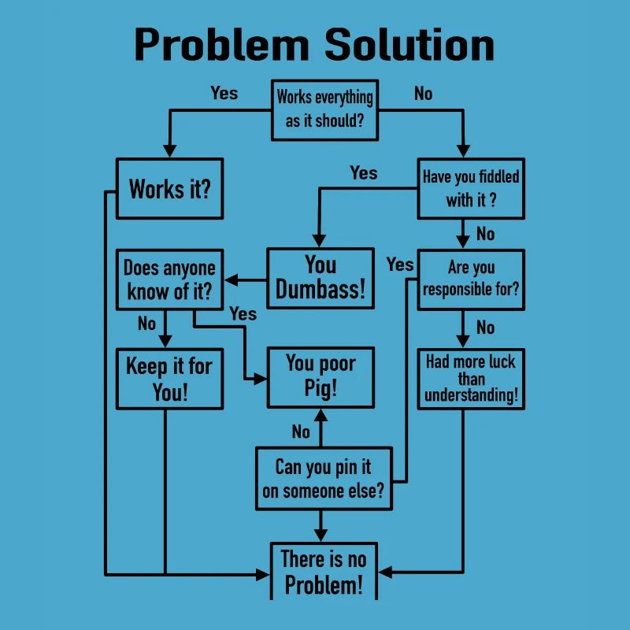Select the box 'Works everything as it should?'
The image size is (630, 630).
tap(324, 110)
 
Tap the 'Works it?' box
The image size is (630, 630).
tap(169, 189)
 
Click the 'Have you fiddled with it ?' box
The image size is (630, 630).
tap(471, 188)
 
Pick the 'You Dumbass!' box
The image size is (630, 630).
tap(321, 278)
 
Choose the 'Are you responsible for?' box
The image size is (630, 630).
tap(471, 280)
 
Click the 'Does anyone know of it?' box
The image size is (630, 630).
tap(169, 280)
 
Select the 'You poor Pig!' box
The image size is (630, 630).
tap(321, 376)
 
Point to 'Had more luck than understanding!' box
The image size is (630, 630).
tap(471, 379)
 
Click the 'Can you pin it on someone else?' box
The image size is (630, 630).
tap(323, 478)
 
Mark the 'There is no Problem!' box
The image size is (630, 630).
tap(324, 572)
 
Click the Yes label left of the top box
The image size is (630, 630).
tap(224, 93)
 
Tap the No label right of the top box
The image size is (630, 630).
tap(423, 94)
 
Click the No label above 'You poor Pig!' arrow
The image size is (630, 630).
tap(301, 432)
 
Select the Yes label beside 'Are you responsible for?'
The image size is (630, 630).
tap(400, 265)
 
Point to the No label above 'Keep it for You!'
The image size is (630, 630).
tap(146, 324)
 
